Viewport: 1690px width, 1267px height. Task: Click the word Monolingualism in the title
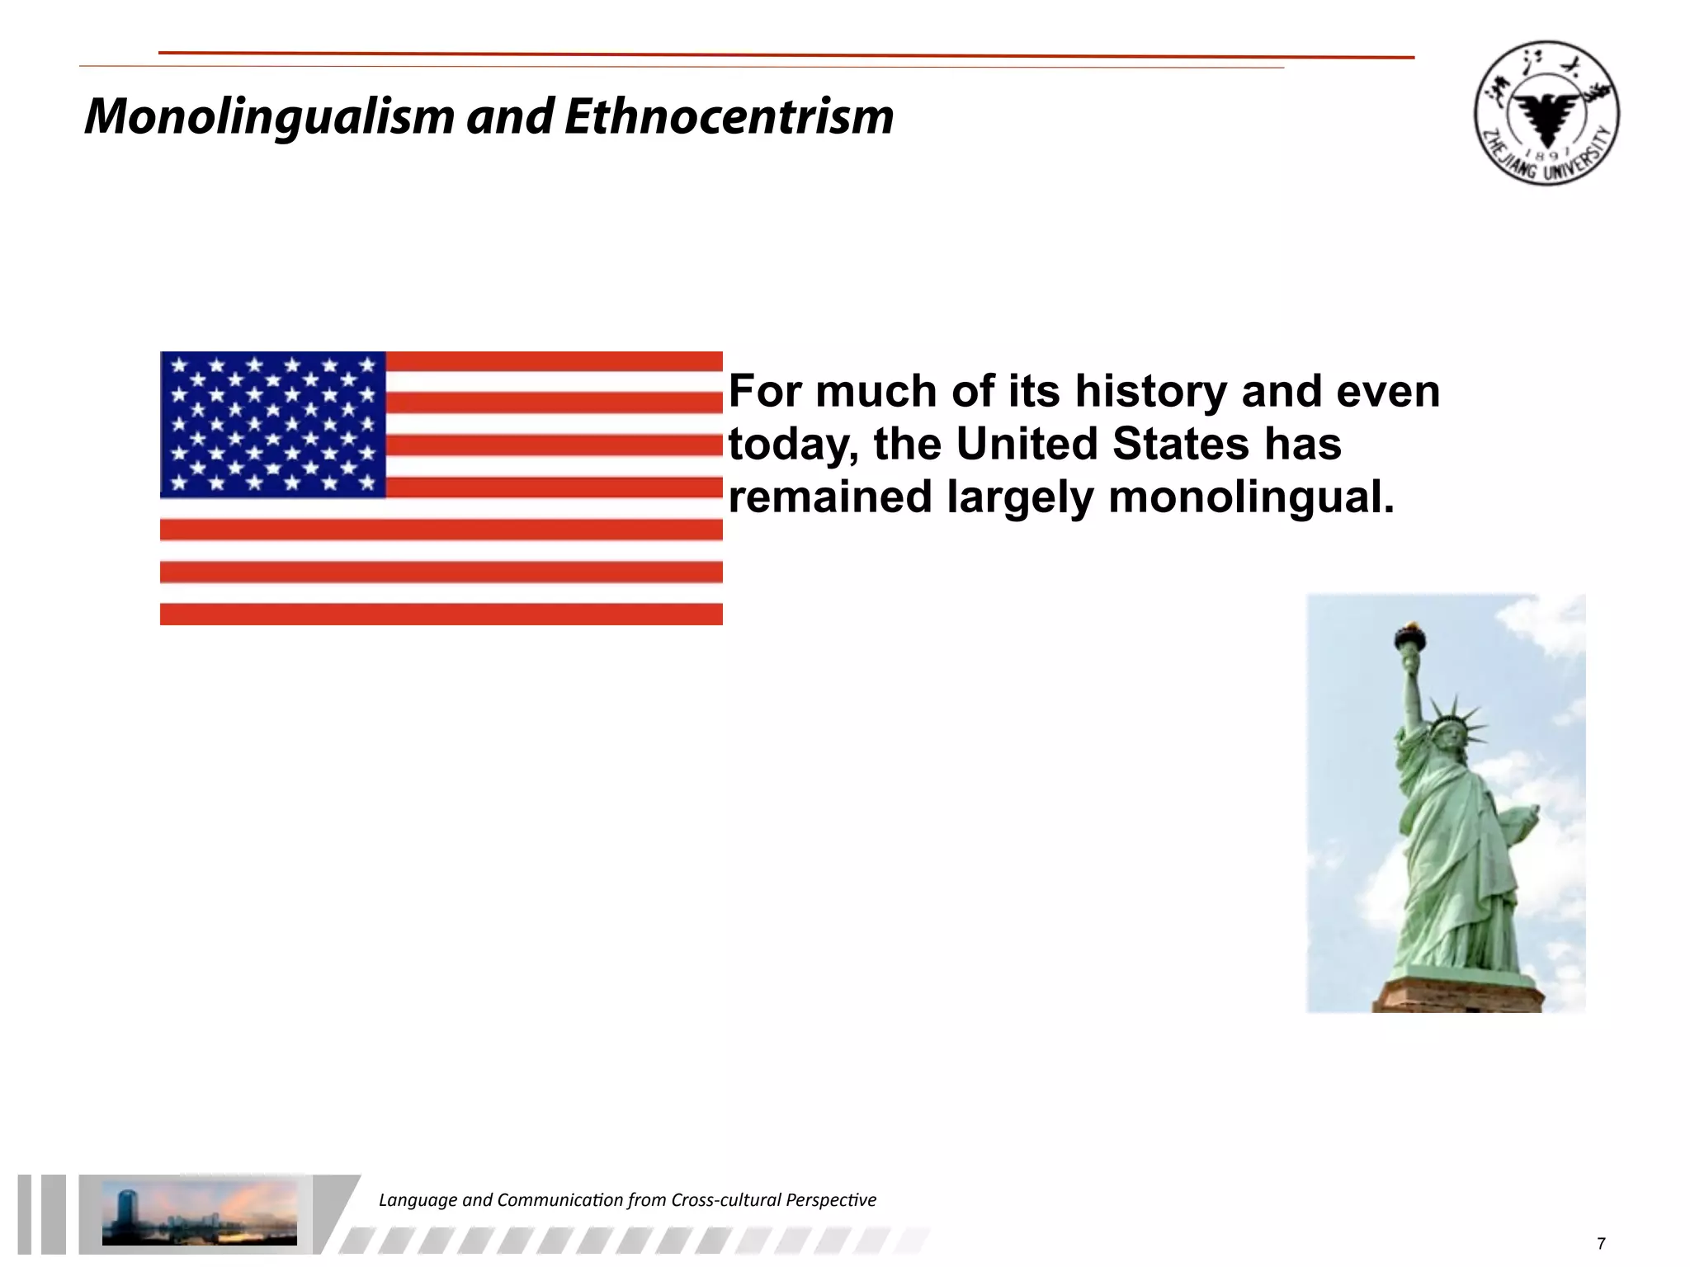(269, 116)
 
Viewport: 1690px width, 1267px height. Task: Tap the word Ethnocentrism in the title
(729, 116)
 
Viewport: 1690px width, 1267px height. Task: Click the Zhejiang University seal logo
(1546, 113)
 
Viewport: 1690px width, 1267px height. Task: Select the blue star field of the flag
(273, 424)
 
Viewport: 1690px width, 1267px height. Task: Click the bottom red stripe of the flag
(441, 614)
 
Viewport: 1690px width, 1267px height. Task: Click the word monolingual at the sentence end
(1249, 497)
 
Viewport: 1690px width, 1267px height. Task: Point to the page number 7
(1602, 1244)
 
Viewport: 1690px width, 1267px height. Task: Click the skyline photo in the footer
(199, 1213)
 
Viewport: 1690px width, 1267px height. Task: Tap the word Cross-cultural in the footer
(725, 1200)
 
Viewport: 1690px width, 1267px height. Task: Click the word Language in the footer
(417, 1200)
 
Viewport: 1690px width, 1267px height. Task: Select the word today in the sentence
(793, 445)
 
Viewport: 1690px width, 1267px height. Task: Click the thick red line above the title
(784, 55)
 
